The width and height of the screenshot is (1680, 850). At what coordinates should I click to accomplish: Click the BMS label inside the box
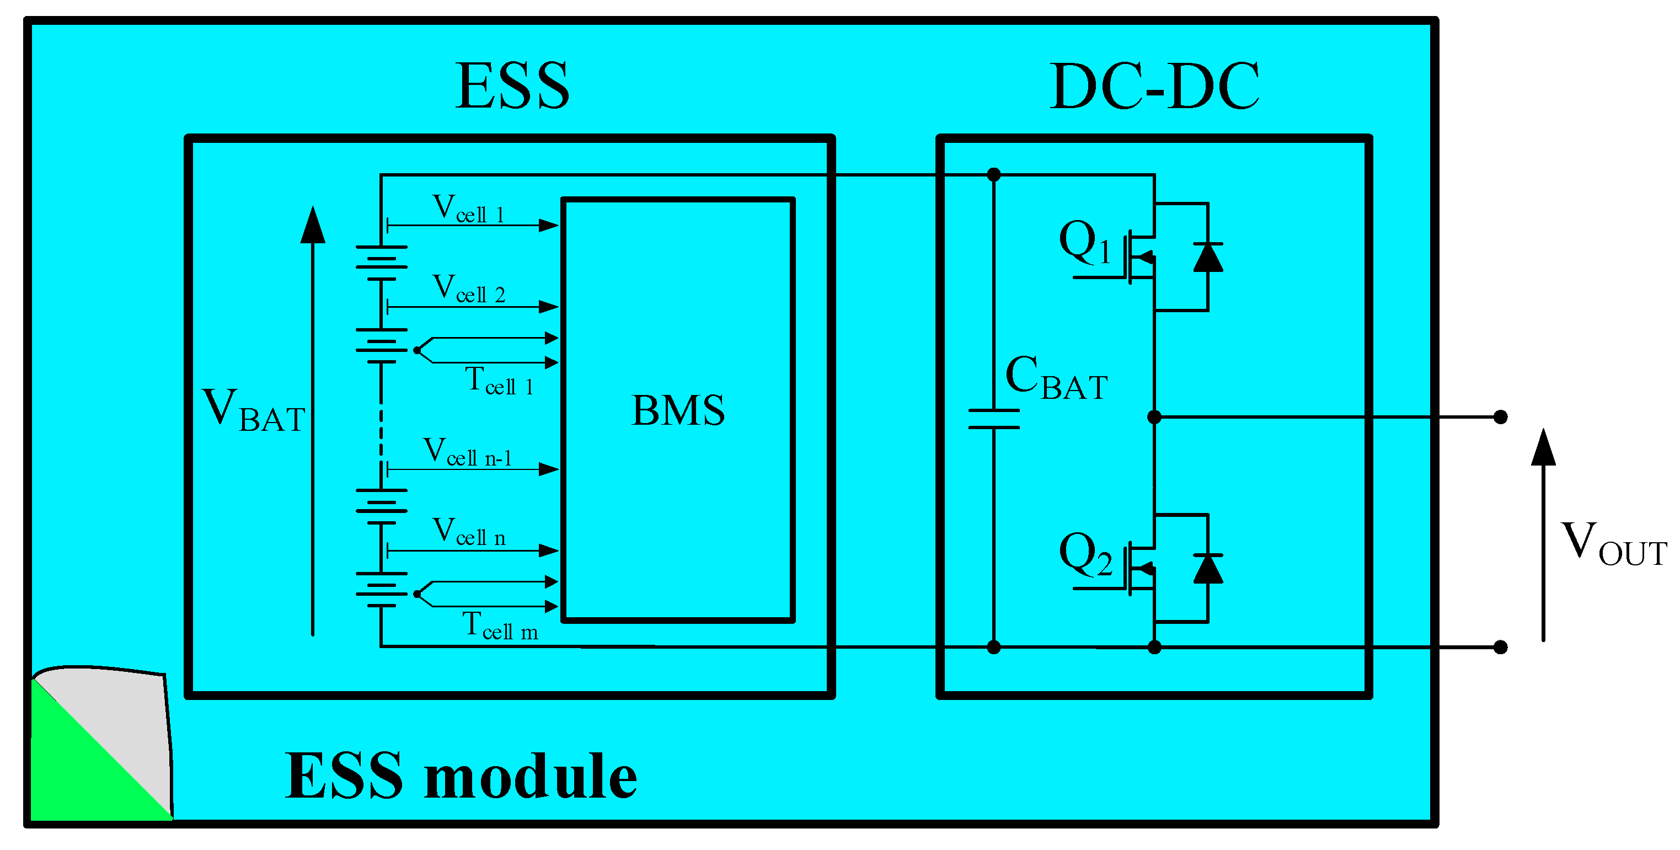pos(678,410)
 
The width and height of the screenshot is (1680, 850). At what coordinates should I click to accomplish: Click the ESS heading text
pos(512,86)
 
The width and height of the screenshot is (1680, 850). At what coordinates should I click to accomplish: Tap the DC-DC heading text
pos(1154,86)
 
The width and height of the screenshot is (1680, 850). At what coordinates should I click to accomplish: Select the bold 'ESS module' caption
pos(461,776)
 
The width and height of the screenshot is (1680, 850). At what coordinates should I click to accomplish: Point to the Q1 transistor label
pos(1084,242)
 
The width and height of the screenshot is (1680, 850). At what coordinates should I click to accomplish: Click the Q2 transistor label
pos(1084,554)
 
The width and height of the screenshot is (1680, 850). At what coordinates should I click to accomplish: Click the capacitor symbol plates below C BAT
pos(993,419)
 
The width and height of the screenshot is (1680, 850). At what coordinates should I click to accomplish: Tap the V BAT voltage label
pos(254,410)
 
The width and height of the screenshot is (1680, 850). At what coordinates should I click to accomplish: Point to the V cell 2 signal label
pos(468,290)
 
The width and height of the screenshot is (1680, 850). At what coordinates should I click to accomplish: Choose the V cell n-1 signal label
pos(467,453)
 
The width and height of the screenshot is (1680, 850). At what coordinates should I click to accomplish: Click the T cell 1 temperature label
pos(499,382)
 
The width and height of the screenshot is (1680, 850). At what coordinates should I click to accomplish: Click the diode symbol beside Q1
pos(1207,257)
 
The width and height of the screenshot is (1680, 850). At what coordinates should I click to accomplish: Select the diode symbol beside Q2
pos(1207,568)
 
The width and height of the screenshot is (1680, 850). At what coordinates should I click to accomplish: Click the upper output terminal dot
pos(1500,416)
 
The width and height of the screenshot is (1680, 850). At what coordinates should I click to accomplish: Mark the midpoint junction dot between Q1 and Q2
pos(1154,416)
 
